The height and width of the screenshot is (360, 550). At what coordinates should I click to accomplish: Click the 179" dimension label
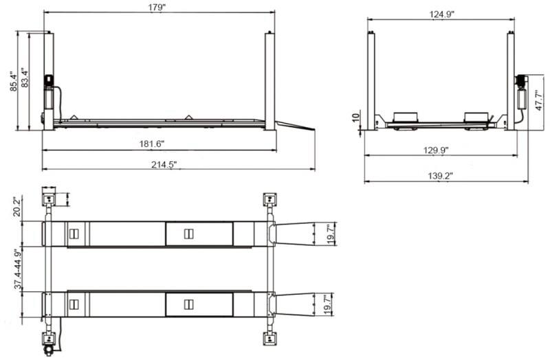(x=157, y=8)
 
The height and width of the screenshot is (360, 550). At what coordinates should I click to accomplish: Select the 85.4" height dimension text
(x=12, y=80)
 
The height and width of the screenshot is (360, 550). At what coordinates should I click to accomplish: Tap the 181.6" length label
(x=151, y=144)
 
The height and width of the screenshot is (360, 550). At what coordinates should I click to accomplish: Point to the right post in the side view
(x=269, y=79)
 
